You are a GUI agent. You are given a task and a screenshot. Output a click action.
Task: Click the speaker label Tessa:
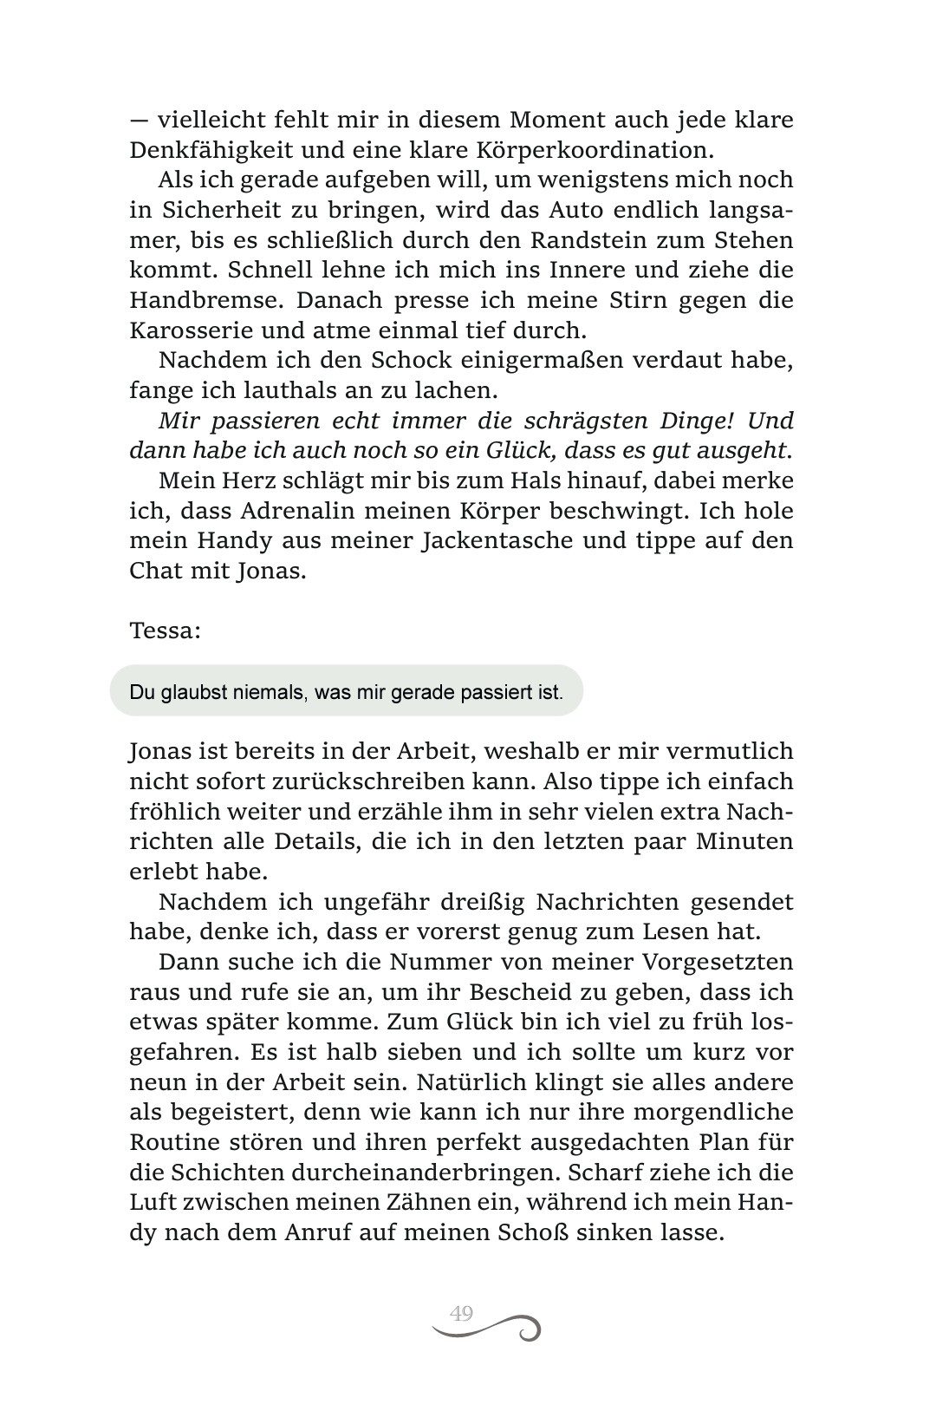coord(165,630)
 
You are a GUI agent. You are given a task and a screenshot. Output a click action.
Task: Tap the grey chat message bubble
coord(347,691)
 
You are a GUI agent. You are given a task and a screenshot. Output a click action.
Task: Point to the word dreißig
coord(469,902)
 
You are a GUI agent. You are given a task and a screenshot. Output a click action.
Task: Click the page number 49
coord(461,1313)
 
